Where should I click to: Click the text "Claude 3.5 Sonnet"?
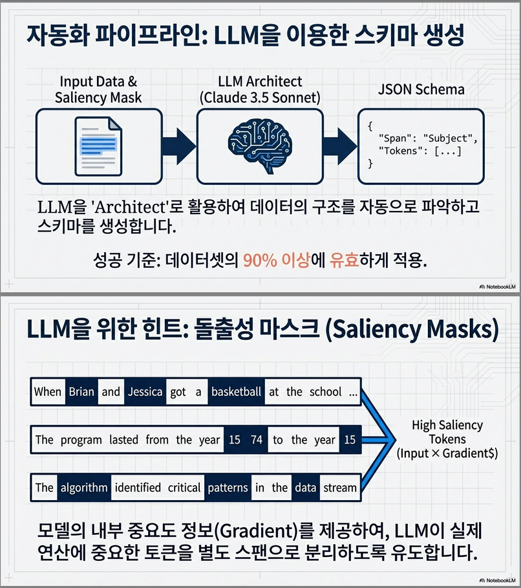click(x=260, y=98)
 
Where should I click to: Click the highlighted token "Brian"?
click(x=81, y=391)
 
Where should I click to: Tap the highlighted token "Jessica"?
click(x=145, y=391)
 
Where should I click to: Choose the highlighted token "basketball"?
click(x=236, y=391)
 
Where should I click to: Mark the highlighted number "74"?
click(x=257, y=440)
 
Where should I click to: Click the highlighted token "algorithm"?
click(x=83, y=487)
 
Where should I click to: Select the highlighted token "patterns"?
click(x=228, y=487)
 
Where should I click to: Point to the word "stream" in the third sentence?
click(x=339, y=487)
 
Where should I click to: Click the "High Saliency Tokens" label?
click(x=447, y=432)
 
